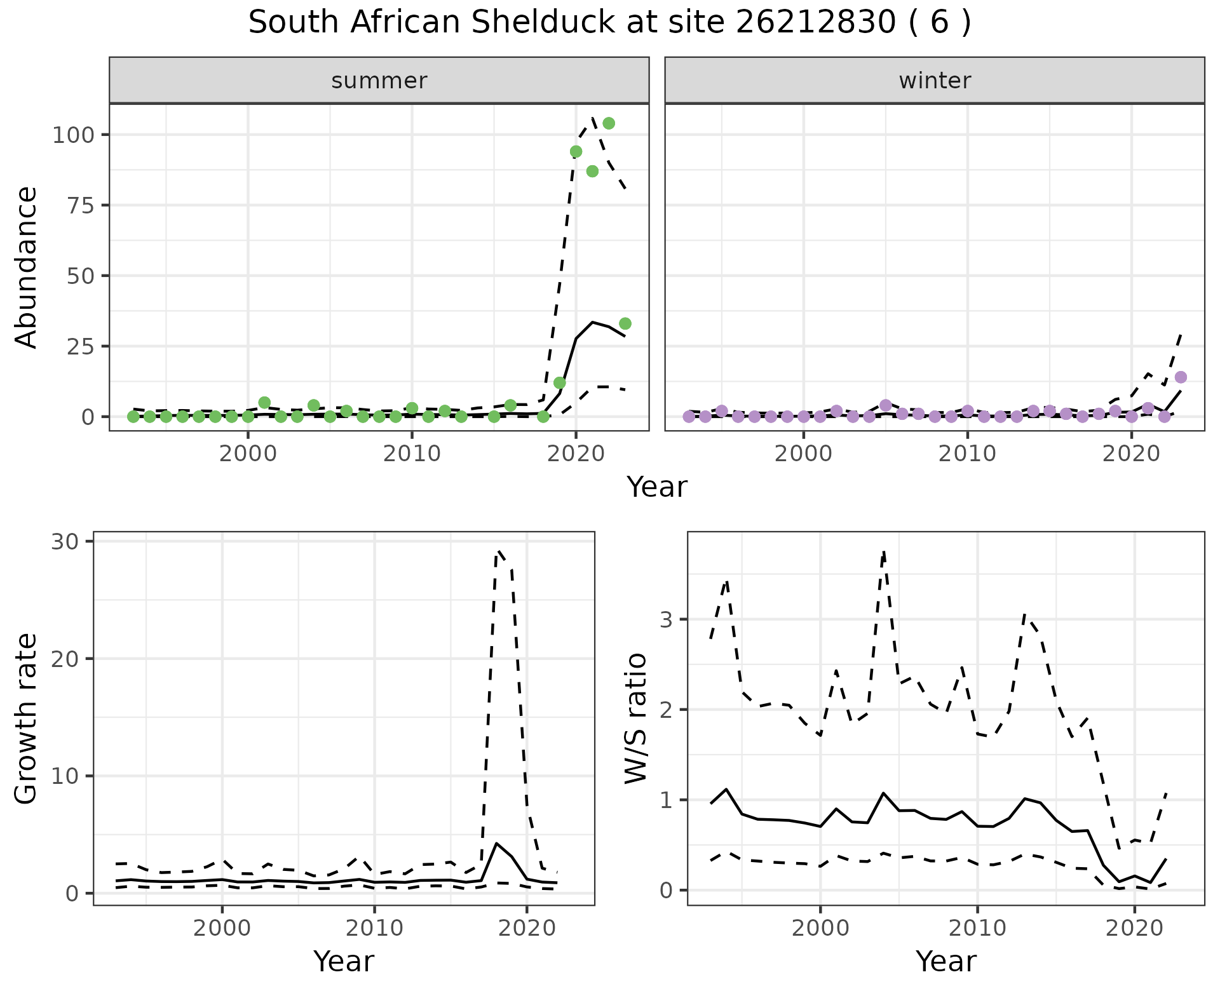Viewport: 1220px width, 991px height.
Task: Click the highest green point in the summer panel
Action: (609, 123)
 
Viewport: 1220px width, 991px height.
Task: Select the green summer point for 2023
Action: (625, 324)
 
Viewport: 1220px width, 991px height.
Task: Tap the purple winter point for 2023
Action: (1181, 377)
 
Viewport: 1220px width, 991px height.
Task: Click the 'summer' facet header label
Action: (379, 81)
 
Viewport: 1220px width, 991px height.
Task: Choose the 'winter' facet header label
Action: (935, 81)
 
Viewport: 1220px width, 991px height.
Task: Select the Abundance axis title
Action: (27, 267)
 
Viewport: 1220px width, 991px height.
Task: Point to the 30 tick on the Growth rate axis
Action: (64, 542)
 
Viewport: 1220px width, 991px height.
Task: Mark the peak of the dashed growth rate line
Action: (499, 551)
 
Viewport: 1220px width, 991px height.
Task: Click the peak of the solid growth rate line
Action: (496, 843)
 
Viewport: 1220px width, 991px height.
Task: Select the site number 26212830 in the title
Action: (816, 23)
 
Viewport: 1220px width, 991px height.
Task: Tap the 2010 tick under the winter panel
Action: (967, 454)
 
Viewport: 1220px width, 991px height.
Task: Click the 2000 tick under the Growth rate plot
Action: (222, 929)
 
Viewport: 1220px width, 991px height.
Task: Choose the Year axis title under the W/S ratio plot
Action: (945, 962)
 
